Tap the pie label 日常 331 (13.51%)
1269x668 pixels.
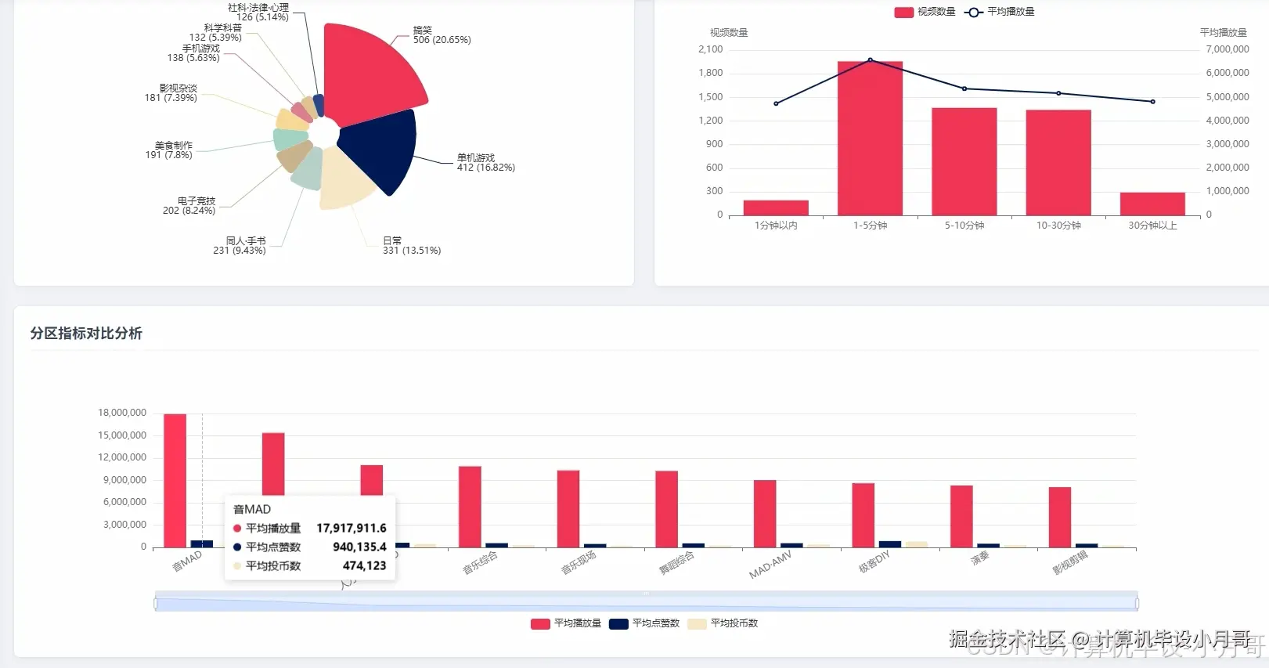tap(411, 246)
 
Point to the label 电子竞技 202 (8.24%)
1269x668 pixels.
tap(189, 206)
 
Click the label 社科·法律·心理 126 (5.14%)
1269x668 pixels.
tap(261, 12)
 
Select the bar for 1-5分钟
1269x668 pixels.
tap(870, 138)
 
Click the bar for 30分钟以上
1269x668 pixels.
tap(1152, 204)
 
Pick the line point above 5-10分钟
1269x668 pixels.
tap(964, 88)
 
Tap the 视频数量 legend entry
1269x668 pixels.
tap(925, 12)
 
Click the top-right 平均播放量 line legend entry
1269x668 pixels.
tap(1000, 12)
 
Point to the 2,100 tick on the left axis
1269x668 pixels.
tap(710, 49)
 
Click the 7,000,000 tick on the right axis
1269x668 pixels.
tap(1227, 49)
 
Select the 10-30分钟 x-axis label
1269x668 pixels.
tap(1058, 226)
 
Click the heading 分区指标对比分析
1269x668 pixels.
tap(86, 334)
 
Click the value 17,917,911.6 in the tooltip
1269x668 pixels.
tap(351, 529)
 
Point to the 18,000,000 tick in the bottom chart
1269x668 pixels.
tap(122, 413)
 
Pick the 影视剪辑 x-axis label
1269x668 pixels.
tap(1070, 562)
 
